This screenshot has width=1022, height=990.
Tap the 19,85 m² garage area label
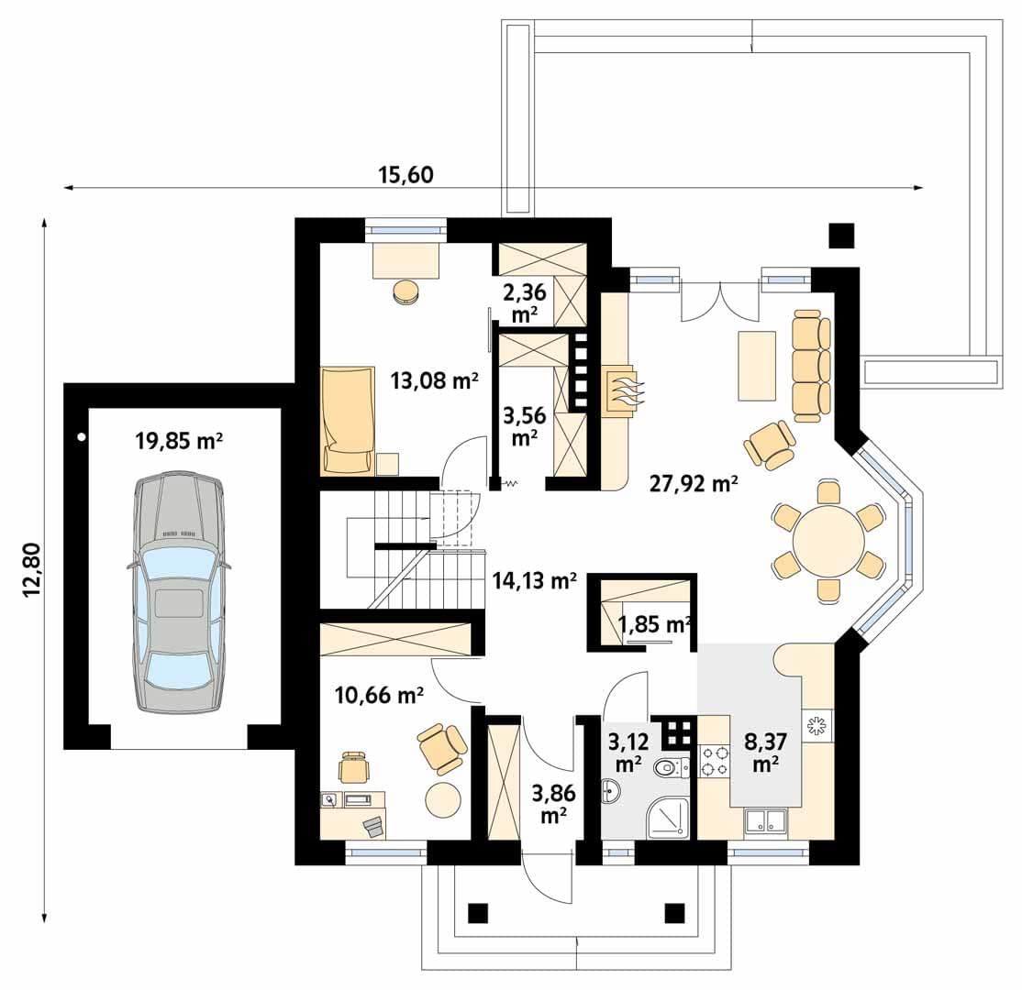(x=179, y=441)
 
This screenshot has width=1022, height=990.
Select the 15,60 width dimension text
(x=405, y=174)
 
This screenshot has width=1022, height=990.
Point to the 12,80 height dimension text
(x=32, y=570)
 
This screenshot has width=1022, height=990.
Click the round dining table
(x=828, y=541)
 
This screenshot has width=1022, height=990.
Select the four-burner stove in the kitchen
(x=714, y=762)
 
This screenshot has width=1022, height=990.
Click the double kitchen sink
(x=766, y=822)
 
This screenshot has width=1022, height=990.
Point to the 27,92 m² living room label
(x=694, y=483)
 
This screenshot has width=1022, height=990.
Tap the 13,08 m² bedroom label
(x=435, y=379)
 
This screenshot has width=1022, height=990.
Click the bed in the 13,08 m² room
(x=348, y=420)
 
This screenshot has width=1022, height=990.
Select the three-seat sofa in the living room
(x=812, y=366)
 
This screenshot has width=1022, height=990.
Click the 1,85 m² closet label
(x=654, y=624)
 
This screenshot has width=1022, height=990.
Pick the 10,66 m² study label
(x=379, y=695)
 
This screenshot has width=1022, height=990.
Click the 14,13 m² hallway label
(x=534, y=579)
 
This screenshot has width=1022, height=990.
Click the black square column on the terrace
(x=841, y=236)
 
